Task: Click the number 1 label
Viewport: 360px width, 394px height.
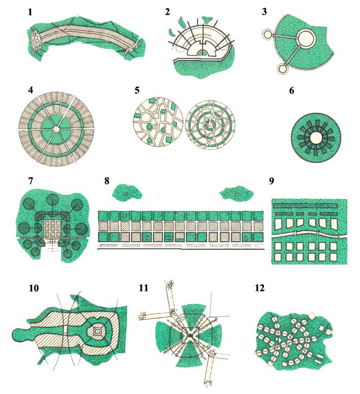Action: pos(30,12)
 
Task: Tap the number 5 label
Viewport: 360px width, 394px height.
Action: pos(137,90)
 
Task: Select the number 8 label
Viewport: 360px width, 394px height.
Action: pos(107,181)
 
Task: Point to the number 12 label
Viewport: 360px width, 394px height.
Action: pos(259,288)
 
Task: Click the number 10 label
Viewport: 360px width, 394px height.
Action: pos(34,288)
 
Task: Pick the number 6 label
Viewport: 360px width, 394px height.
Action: pos(291,90)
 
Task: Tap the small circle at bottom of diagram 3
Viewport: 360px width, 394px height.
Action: pos(283,69)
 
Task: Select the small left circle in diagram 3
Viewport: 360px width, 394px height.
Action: pos(267,34)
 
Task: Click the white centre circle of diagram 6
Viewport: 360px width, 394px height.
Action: pos(316,138)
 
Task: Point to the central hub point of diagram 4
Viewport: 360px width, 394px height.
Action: pos(56,129)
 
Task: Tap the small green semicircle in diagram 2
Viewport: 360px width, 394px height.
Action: pos(202,53)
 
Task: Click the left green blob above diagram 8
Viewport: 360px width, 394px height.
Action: pos(126,192)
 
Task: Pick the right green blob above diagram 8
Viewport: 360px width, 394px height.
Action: pos(236,193)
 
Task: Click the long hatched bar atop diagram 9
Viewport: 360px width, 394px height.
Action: pos(306,206)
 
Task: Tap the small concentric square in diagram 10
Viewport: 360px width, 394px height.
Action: pos(97,332)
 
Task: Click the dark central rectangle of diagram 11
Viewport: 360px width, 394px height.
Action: pos(190,336)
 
